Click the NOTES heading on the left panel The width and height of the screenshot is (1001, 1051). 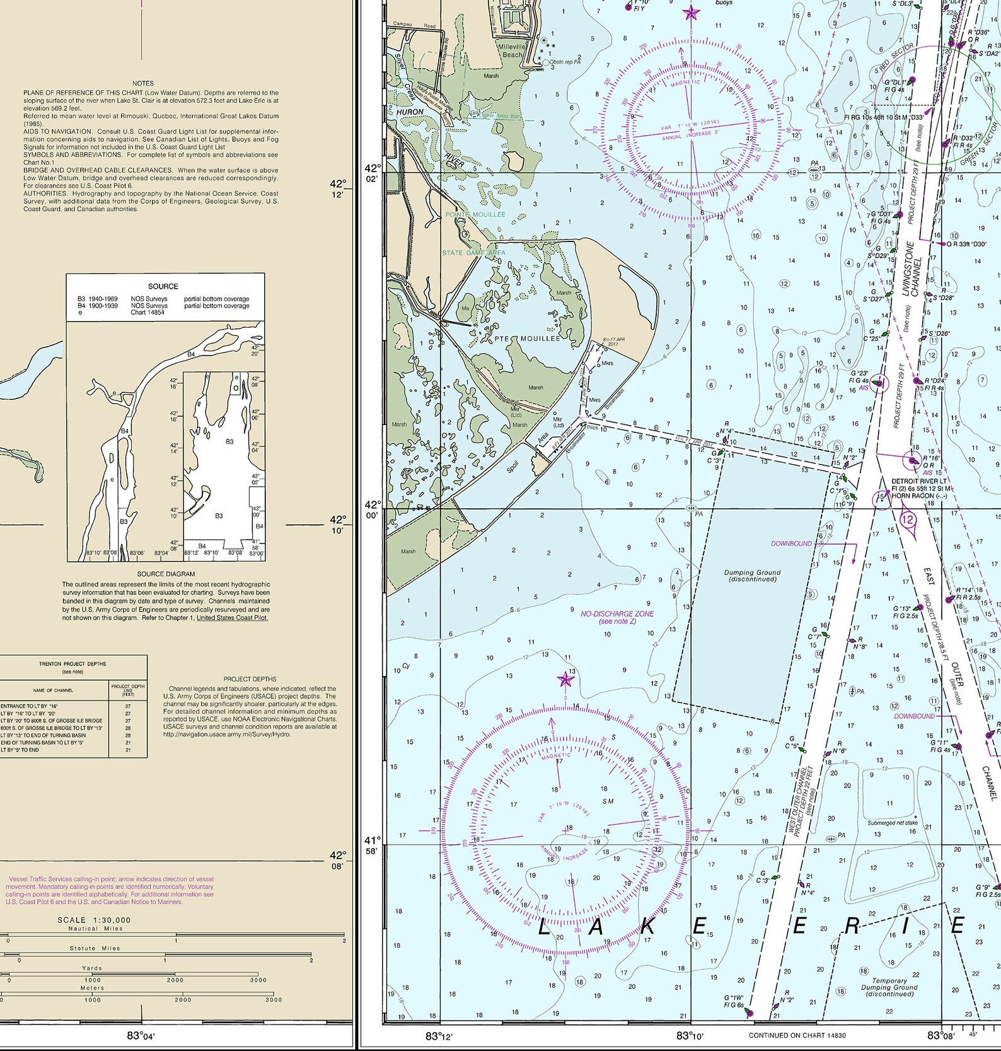click(x=143, y=83)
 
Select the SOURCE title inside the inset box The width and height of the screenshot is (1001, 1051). click(x=163, y=286)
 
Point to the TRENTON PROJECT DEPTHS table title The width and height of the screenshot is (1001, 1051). click(x=72, y=664)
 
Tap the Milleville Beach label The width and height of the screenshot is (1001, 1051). click(x=511, y=50)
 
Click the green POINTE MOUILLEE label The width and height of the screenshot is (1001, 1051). click(x=475, y=214)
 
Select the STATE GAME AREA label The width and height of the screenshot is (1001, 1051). click(x=473, y=253)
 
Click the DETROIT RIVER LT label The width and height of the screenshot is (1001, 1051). click(x=918, y=481)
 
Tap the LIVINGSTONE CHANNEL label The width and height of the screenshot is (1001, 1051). click(x=912, y=269)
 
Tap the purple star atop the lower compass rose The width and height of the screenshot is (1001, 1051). click(x=565, y=680)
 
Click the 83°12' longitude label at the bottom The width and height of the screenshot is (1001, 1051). click(x=439, y=1036)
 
